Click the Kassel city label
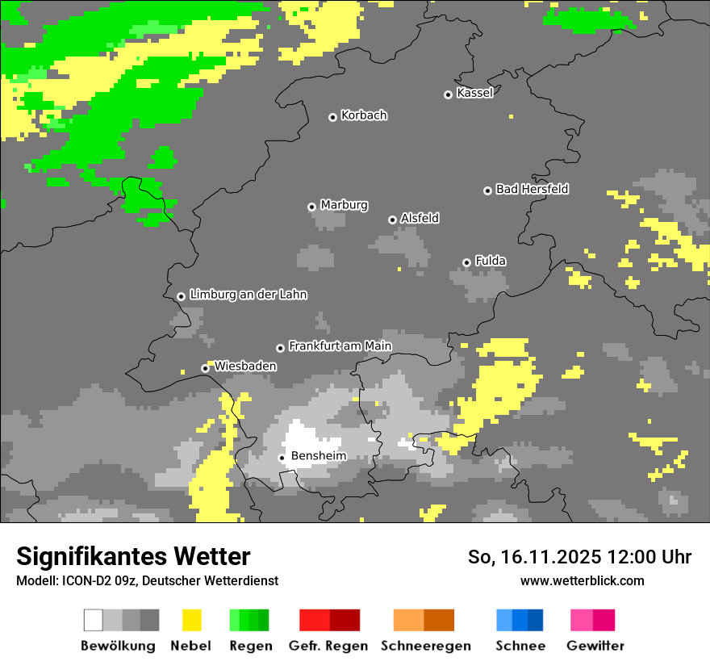tap(474, 93)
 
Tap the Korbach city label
tap(364, 115)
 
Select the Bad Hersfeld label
tap(532, 189)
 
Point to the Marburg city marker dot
tap(311, 207)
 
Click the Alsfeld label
tap(420, 218)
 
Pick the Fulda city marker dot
tap(466, 262)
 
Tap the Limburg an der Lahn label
tap(248, 295)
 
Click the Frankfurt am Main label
tap(340, 346)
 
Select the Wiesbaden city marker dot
tap(205, 368)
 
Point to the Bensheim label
tap(319, 456)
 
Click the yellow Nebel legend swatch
tap(191, 620)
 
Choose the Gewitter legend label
tap(595, 646)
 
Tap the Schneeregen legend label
tap(425, 646)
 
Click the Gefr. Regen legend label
tap(328, 646)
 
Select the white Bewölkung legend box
tap(94, 620)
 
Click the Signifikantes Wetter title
tap(133, 556)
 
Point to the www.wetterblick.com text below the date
tap(582, 580)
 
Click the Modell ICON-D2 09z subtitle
tap(147, 580)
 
